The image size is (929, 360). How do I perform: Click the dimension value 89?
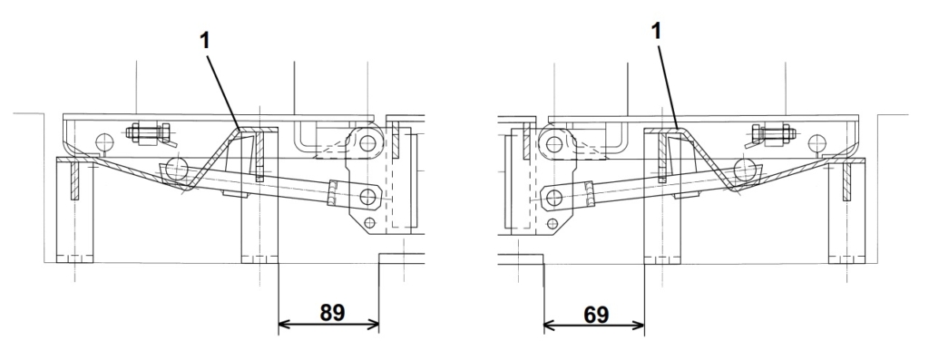tap(332, 313)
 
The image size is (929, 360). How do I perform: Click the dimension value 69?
tap(595, 315)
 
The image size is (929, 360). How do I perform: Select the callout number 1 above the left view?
tap(204, 42)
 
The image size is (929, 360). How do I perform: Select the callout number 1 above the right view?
tap(655, 32)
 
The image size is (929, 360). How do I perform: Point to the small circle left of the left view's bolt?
tap(104, 142)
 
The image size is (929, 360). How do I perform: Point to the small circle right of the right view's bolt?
tap(817, 142)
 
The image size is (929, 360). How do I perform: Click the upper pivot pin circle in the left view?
tap(368, 143)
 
